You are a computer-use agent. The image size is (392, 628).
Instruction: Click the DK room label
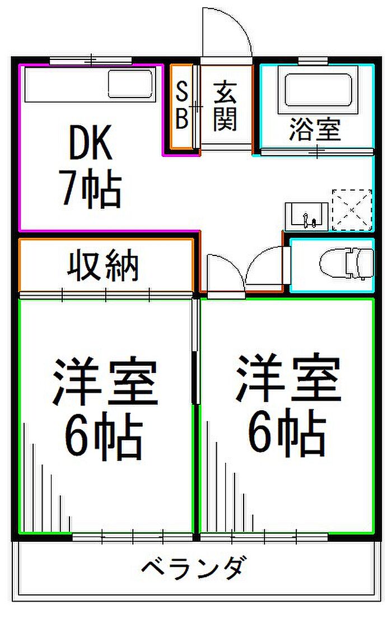pos(91,145)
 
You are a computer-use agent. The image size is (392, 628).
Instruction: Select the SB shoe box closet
pos(181,107)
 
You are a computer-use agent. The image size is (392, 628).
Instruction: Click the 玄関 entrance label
pos(225,106)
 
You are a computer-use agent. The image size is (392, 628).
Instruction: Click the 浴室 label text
pos(315,130)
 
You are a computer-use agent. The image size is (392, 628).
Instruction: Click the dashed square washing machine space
pos(352,210)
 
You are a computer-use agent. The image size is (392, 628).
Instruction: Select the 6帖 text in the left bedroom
pos(104,436)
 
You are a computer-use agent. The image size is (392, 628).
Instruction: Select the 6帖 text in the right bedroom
pos(286,432)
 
